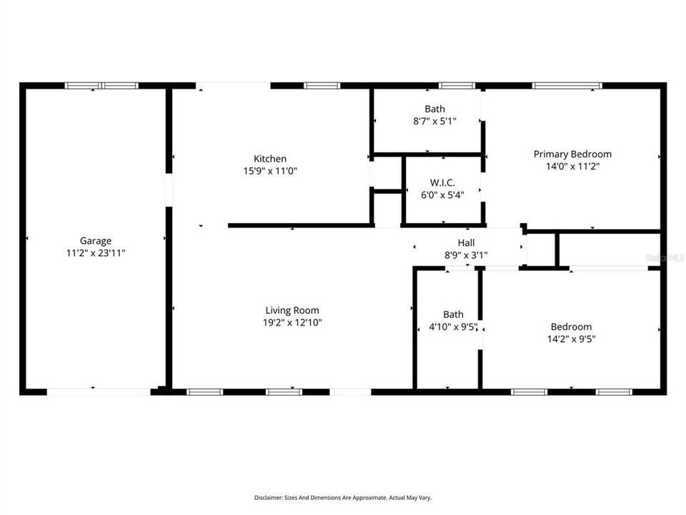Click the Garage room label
95,241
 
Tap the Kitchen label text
270,159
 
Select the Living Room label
292,310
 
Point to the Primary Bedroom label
572,154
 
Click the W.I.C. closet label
442,182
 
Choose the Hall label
466,242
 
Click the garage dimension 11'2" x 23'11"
96,253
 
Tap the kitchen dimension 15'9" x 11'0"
270,171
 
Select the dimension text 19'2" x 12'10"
292,323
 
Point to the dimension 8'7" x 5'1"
435,121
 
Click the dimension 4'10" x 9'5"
453,327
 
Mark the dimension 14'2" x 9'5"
572,339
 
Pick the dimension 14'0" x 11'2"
572,167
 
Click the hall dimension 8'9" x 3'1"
466,255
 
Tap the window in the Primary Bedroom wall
567,85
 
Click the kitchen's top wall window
322,85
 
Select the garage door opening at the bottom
99,392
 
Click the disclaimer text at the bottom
342,498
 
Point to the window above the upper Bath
457,85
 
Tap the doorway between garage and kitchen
169,190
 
